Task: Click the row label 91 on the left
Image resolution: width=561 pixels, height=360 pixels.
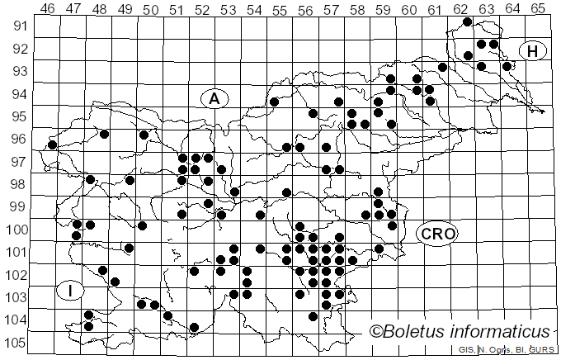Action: [18, 26]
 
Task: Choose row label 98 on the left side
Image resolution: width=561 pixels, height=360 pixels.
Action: [18, 184]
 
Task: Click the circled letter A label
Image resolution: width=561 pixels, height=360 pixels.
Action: [214, 98]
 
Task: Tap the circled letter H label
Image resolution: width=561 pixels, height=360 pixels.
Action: [533, 51]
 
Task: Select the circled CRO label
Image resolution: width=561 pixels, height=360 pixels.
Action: [437, 234]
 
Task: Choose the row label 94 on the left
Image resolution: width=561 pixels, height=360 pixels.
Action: [18, 93]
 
